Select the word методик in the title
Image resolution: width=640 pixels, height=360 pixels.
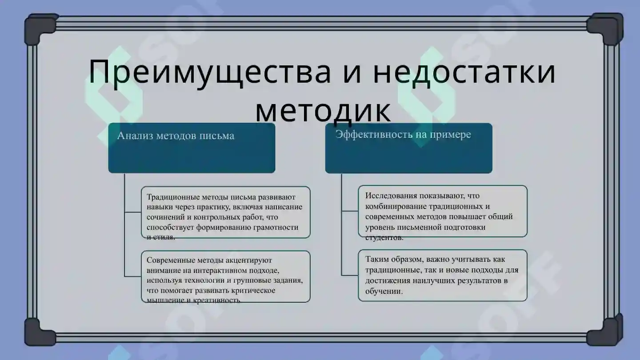coord(323,111)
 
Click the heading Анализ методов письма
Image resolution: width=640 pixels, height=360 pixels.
coord(176,136)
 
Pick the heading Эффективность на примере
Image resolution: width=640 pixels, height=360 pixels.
coord(403,134)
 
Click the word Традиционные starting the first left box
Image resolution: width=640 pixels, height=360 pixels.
coord(173,197)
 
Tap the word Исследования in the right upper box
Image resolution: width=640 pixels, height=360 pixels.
coord(391,196)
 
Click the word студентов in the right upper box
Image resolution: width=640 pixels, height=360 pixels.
coord(384,237)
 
